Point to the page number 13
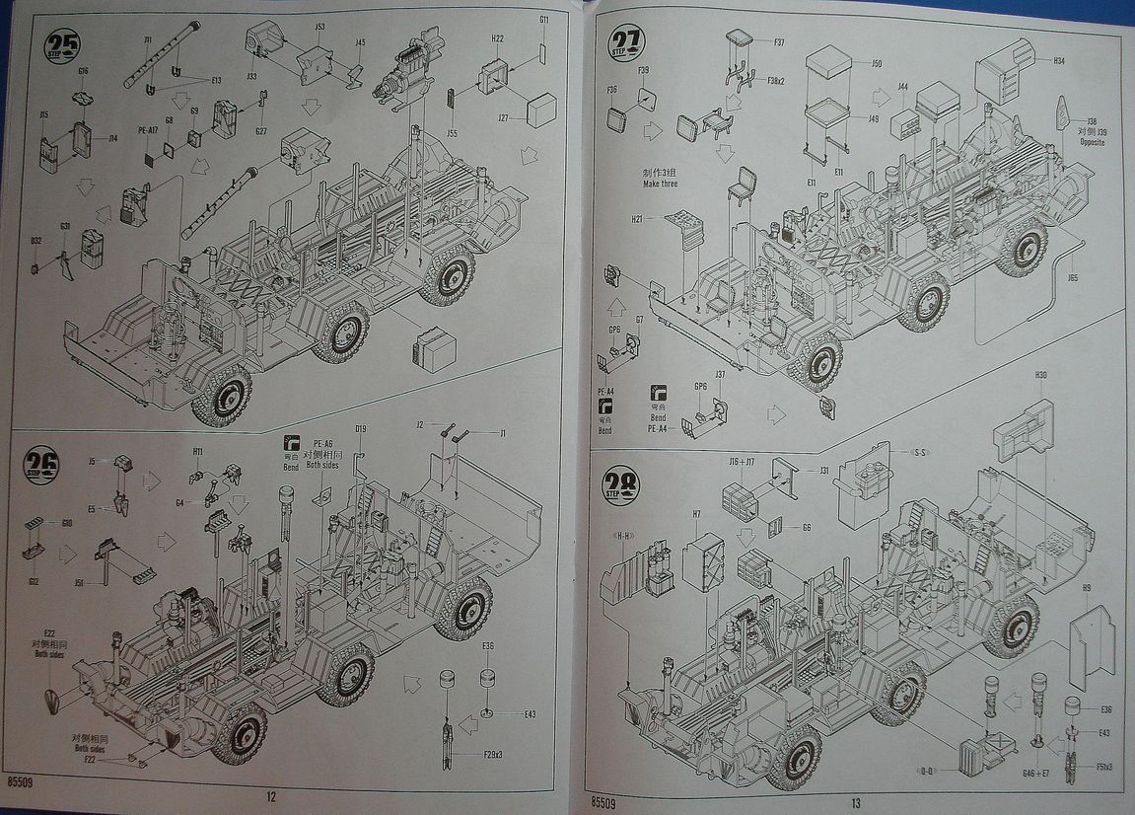click(x=855, y=801)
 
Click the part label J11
click(x=148, y=40)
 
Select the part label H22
click(x=497, y=38)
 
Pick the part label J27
click(x=502, y=117)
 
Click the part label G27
click(x=260, y=131)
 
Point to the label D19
click(x=361, y=429)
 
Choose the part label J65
click(x=1072, y=277)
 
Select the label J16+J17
click(x=742, y=461)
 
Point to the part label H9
click(x=1086, y=588)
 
